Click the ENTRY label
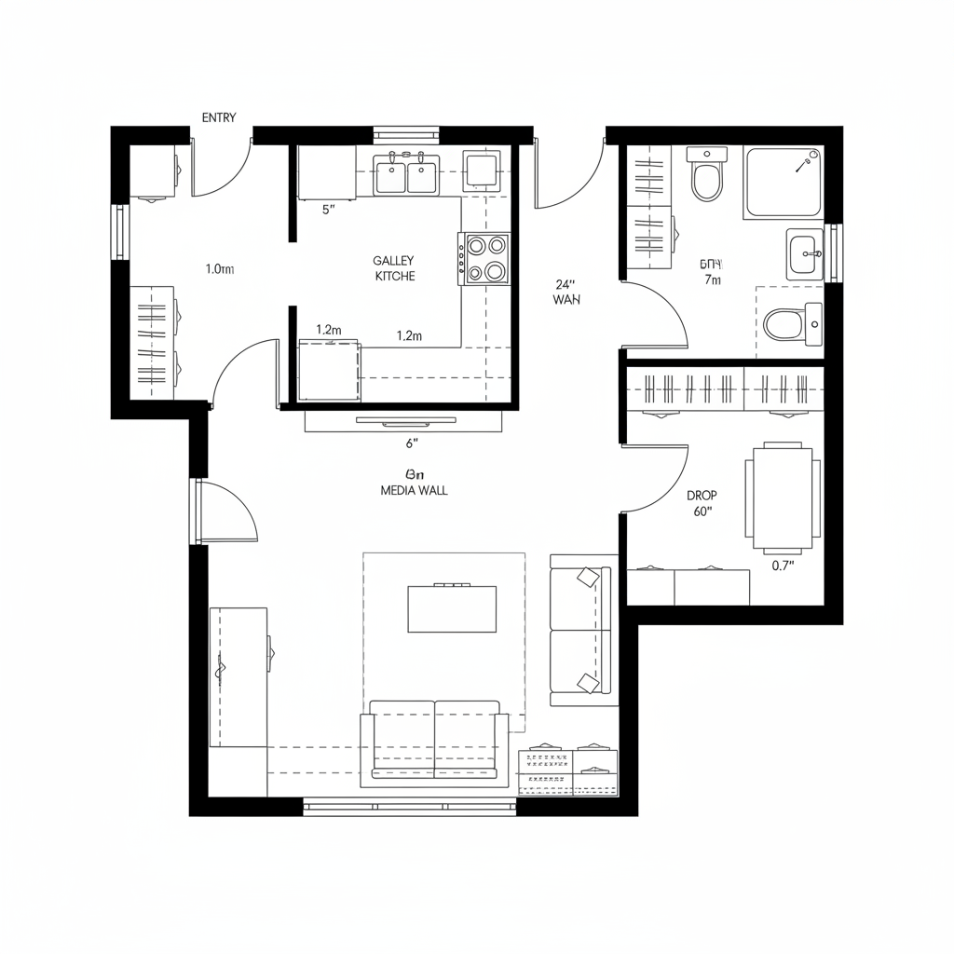pyautogui.click(x=219, y=117)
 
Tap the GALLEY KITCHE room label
pyautogui.click(x=394, y=269)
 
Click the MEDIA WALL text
pyautogui.click(x=414, y=490)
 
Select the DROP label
pyautogui.click(x=702, y=496)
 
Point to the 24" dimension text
pyautogui.click(x=566, y=284)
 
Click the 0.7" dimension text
pyautogui.click(x=783, y=566)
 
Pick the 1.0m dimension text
pyautogui.click(x=219, y=269)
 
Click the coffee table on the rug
pyautogui.click(x=452, y=609)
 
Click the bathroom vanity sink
pyautogui.click(x=804, y=253)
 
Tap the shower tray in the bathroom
pyautogui.click(x=783, y=183)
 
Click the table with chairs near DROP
pyautogui.click(x=783, y=497)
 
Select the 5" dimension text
pyautogui.click(x=328, y=210)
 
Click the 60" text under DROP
pyautogui.click(x=702, y=511)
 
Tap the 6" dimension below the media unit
pyautogui.click(x=412, y=443)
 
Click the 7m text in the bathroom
pyautogui.click(x=713, y=280)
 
